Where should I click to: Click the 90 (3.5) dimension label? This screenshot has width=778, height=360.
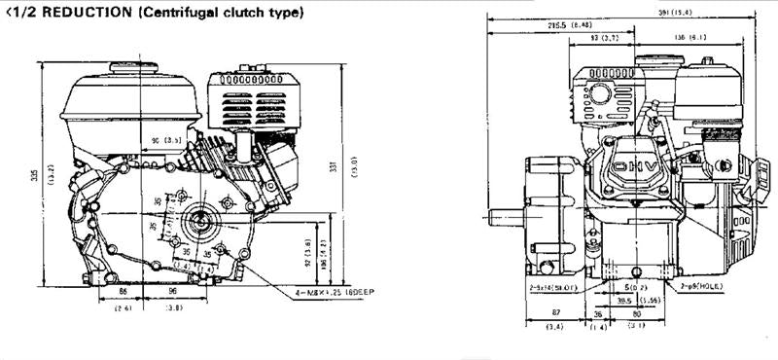coord(171,142)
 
